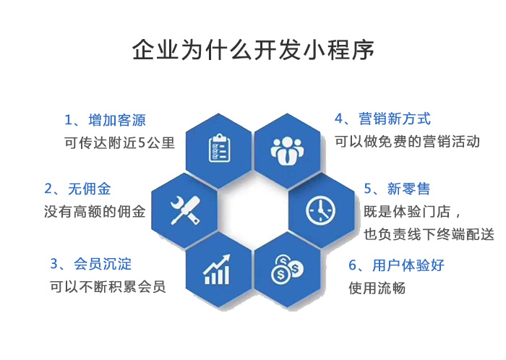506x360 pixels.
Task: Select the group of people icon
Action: coord(287,147)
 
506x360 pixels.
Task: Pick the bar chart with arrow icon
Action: coord(218,270)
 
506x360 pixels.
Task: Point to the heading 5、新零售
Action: coord(397,189)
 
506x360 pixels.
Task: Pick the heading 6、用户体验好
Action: coord(396,265)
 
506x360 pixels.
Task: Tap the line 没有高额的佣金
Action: coord(95,212)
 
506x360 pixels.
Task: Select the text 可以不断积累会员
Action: coord(108,286)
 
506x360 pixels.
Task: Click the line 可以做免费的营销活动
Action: coord(407,141)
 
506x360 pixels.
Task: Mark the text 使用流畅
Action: coord(377,288)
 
